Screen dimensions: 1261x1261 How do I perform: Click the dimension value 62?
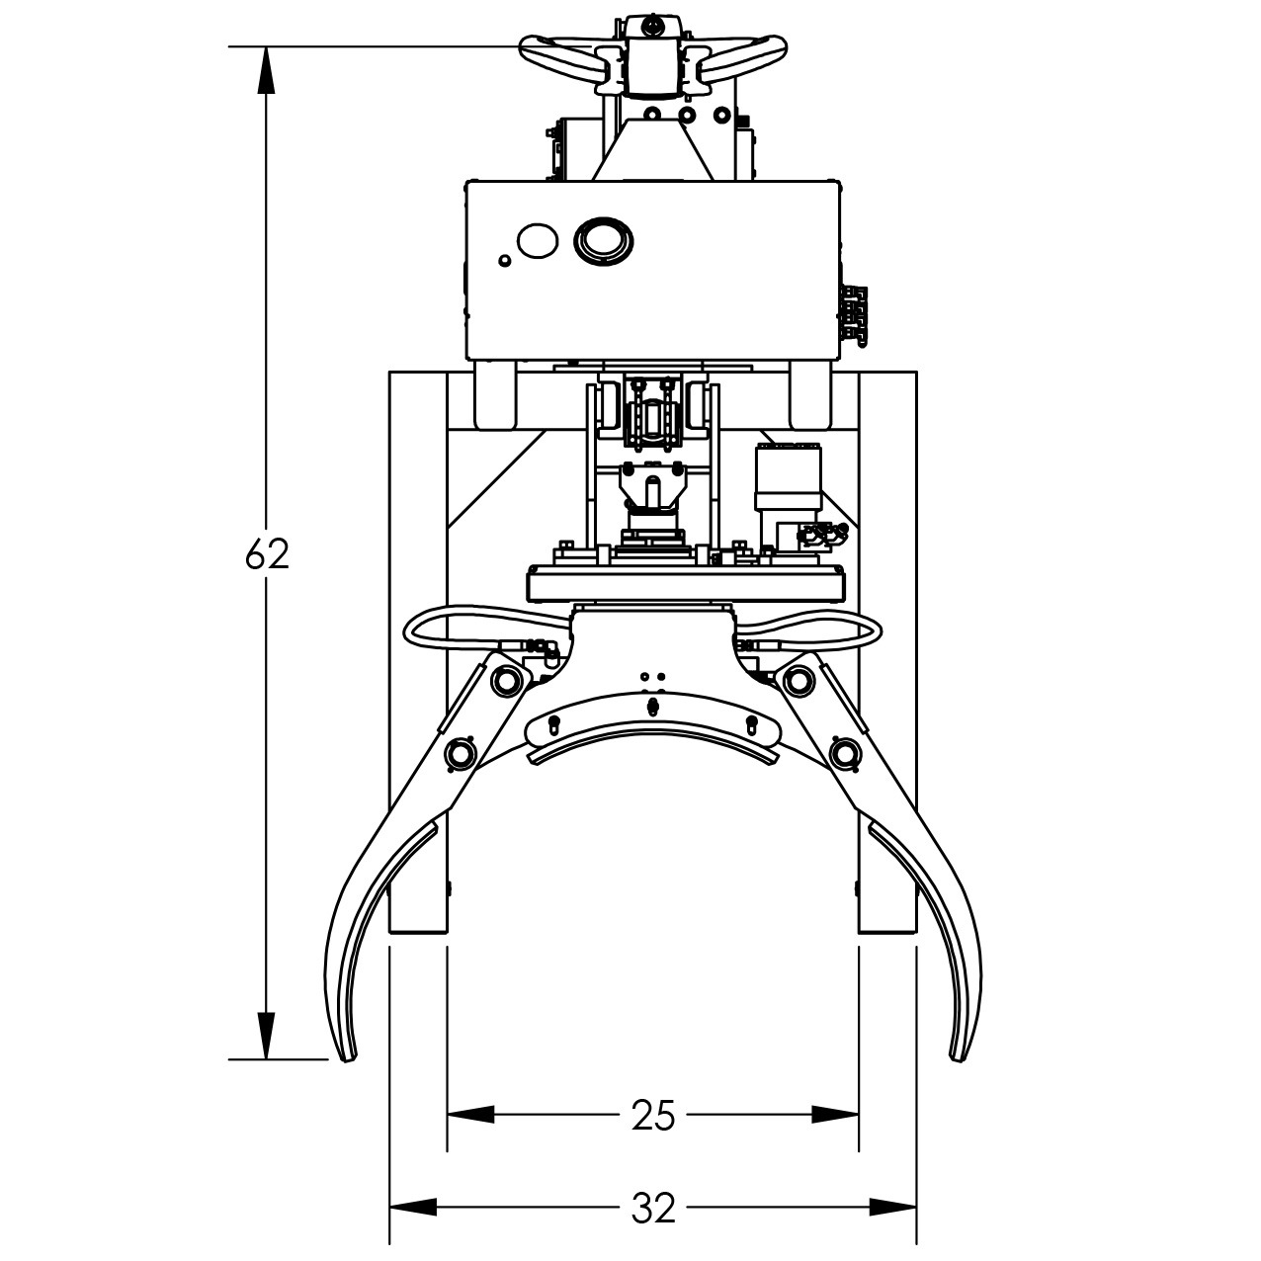(x=267, y=555)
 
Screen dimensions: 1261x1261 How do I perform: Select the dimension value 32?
(x=652, y=1207)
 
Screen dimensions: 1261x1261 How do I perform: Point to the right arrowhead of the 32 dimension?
(x=893, y=1207)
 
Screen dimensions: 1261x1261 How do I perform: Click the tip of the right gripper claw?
(x=959, y=1059)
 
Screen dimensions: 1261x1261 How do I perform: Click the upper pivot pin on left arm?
(x=509, y=680)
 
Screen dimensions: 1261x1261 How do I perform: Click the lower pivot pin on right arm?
(x=842, y=753)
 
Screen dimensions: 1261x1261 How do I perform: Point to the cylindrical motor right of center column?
(x=789, y=478)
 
